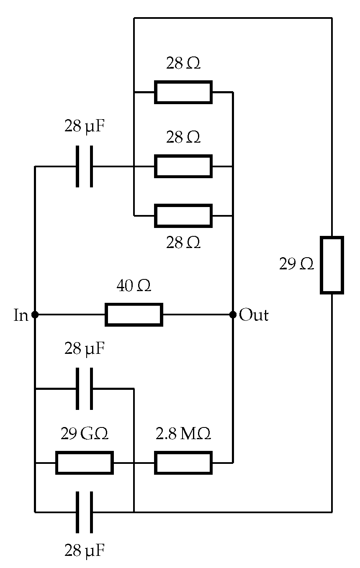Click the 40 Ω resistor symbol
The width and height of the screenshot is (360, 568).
click(134, 315)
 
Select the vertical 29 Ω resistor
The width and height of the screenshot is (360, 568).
click(332, 265)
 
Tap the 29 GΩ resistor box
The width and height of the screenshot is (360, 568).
click(85, 463)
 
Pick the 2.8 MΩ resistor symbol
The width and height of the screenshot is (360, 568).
click(183, 463)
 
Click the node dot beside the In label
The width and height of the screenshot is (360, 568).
click(35, 315)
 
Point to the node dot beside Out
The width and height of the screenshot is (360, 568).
click(233, 315)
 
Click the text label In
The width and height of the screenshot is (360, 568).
click(21, 315)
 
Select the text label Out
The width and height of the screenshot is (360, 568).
click(254, 315)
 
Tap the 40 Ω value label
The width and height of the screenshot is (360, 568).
click(134, 287)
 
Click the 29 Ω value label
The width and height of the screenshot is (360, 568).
click(296, 264)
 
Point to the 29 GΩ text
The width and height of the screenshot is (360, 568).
click(85, 434)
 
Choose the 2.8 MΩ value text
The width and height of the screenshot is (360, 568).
click(183, 434)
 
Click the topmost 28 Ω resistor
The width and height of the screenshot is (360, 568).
click(183, 92)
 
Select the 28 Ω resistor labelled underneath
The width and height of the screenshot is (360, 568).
click(183, 216)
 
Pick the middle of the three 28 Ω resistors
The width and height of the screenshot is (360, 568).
click(183, 166)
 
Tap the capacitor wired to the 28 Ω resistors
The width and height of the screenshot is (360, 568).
click(85, 166)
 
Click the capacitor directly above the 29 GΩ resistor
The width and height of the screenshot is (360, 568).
click(85, 389)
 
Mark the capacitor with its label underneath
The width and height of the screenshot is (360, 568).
click(85, 512)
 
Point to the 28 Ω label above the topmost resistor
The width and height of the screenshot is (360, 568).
click(183, 64)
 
